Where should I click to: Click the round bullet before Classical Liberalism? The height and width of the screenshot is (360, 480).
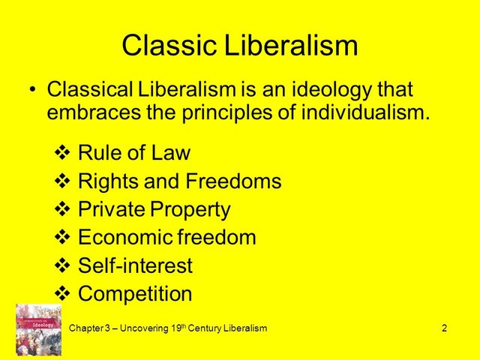pos(31,90)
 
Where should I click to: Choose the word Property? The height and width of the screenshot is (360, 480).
pos(190,209)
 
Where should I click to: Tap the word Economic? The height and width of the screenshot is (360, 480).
pos(122,238)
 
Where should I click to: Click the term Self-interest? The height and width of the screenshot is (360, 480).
pos(135,265)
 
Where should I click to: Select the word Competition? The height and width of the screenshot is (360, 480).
pos(135,294)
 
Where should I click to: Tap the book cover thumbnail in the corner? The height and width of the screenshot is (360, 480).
pos(37,330)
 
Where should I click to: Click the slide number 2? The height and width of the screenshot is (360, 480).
pos(445,329)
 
